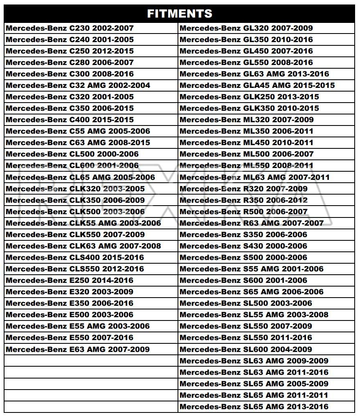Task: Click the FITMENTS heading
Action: tap(180, 13)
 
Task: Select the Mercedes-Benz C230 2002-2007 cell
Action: tap(70, 28)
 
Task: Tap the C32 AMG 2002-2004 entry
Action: tap(78, 85)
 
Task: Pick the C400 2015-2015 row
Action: tap(70, 120)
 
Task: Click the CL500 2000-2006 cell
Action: tap(72, 154)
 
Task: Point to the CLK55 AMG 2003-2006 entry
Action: tap(83, 223)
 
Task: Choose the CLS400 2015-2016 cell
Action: tap(75, 258)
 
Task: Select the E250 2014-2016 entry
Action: tap(70, 280)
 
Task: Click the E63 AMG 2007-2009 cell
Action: tap(78, 350)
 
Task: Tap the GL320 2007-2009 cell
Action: tap(246, 28)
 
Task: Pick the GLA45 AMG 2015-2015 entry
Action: tap(257, 85)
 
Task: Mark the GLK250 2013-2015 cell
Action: tap(249, 97)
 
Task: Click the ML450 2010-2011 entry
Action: tap(246, 143)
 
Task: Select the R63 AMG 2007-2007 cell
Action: tap(251, 223)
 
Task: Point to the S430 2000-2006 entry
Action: tap(243, 246)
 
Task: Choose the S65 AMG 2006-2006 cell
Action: tap(251, 292)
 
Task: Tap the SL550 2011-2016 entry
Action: tap(245, 338)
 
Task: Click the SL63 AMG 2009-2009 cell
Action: tap(254, 361)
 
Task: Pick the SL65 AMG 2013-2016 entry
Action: tap(254, 407)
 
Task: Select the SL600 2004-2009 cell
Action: tap(245, 350)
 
